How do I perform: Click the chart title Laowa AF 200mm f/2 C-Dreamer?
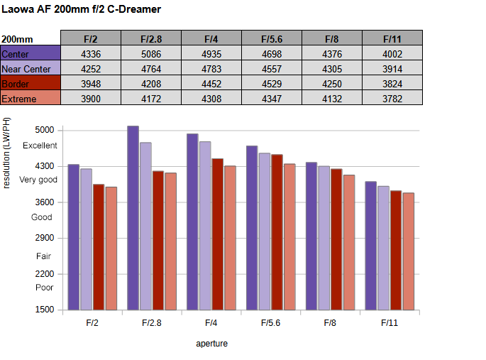click(81, 9)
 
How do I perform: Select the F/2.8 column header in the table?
click(151, 39)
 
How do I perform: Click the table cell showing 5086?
click(151, 54)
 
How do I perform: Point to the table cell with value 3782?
click(392, 99)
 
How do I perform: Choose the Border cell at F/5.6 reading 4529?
click(272, 84)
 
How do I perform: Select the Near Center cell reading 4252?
click(91, 69)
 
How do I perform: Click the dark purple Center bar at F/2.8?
click(133, 217)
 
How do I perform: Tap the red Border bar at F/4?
click(217, 234)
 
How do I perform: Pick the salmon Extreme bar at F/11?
click(408, 251)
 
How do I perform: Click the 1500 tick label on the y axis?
click(44, 310)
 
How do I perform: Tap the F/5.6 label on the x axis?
click(270, 323)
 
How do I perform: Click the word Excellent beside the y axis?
click(40, 146)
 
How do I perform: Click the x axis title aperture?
click(211, 344)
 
